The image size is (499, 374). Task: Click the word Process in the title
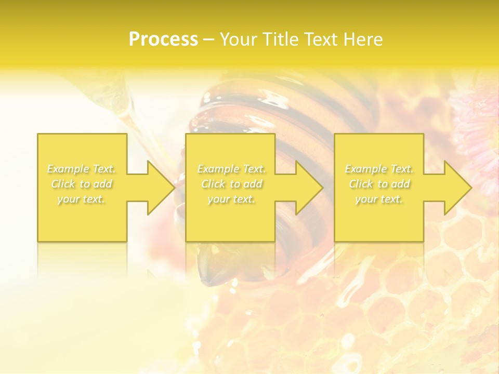(163, 39)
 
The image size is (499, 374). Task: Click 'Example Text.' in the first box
(82, 169)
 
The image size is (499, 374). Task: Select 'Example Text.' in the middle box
(231, 169)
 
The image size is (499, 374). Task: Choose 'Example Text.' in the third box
(379, 169)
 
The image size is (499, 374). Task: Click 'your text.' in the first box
(82, 199)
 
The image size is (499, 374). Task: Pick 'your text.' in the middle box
(231, 199)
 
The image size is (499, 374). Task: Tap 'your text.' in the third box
(379, 199)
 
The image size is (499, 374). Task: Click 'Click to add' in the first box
(82, 184)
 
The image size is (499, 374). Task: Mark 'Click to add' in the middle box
(231, 184)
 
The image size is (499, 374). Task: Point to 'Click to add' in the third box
(379, 184)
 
